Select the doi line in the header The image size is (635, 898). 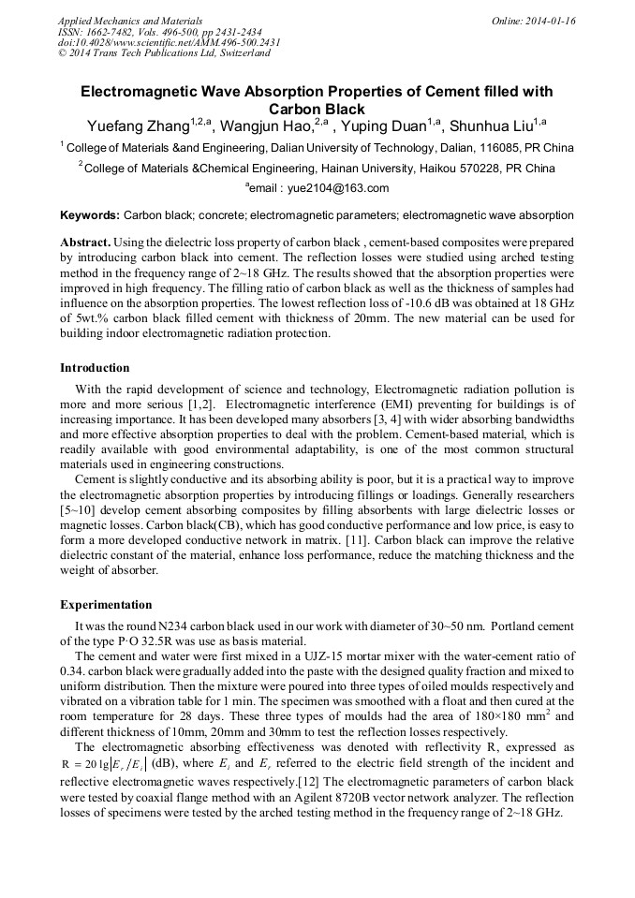point(169,43)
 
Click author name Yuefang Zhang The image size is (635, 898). point(139,126)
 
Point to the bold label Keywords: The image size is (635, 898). point(90,214)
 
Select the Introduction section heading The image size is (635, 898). point(95,368)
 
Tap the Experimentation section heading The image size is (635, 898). point(106,605)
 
